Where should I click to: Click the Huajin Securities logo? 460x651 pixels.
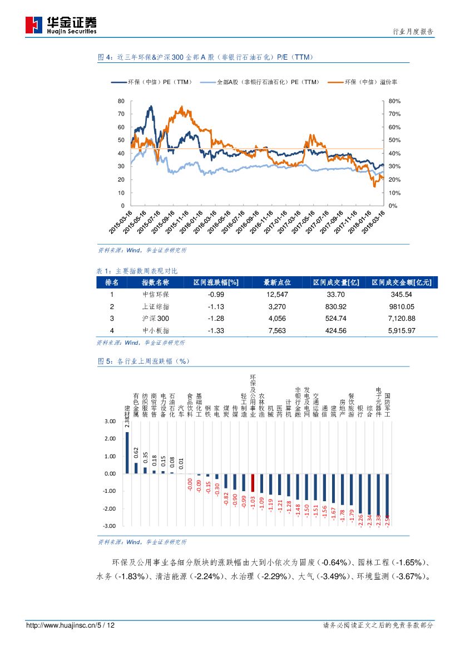pyautogui.click(x=61, y=25)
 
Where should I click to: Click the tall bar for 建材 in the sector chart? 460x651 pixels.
pyautogui.click(x=127, y=452)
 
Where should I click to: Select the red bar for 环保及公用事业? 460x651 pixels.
pyautogui.click(x=253, y=483)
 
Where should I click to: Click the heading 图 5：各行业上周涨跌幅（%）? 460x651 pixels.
pyautogui.click(x=144, y=361)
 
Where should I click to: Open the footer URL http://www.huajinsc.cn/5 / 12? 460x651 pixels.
pyautogui.click(x=71, y=626)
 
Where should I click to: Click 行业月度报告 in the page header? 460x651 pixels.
pyautogui.click(x=413, y=32)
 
